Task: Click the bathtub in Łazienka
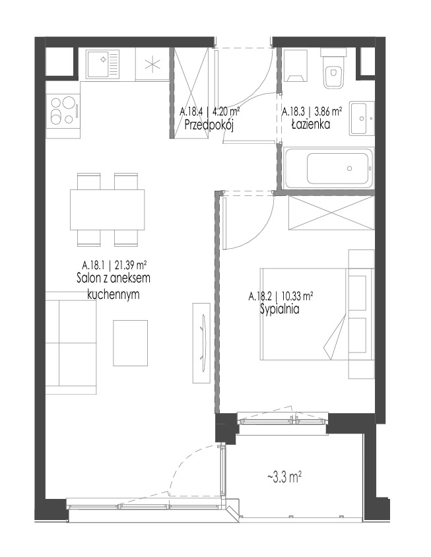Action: (329, 168)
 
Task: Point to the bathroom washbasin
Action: (362, 118)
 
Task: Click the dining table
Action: (108, 210)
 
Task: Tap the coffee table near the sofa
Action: (131, 343)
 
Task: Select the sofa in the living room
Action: (71, 343)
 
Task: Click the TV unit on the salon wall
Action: (202, 343)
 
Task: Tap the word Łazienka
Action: (311, 124)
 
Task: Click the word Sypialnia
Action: (280, 309)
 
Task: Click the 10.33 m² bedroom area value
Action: (297, 296)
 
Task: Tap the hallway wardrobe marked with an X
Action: (189, 92)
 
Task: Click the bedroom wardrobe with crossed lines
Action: (331, 213)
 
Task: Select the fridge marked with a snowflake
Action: (151, 65)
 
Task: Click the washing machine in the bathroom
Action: (296, 65)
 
